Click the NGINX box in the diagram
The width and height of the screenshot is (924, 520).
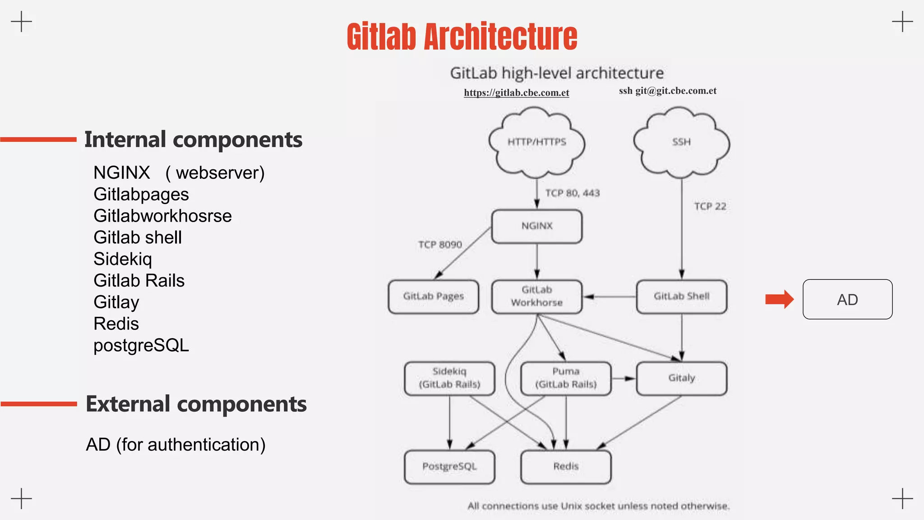[536, 226]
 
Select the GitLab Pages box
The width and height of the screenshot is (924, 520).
[433, 297]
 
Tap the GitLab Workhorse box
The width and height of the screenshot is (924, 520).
[536, 297]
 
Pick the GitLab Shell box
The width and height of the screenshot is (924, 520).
[681, 297]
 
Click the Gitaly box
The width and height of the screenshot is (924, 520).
[681, 378]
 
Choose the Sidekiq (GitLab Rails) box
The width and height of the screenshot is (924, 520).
[449, 378]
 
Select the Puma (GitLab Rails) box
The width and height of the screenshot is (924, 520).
[566, 378]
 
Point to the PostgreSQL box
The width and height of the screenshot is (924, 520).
[449, 467]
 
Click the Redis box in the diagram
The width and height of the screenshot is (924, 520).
[566, 467]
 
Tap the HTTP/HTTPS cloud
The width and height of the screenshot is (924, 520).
[536, 142]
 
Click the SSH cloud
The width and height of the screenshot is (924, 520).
[681, 142]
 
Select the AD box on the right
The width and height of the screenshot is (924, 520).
[847, 300]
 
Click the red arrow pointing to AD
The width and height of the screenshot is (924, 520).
[779, 299]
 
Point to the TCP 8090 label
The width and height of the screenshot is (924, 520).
[440, 245]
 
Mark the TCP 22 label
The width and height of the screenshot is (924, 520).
[710, 207]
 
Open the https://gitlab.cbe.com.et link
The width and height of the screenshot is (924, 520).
[516, 93]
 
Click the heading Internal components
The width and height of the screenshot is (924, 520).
[193, 139]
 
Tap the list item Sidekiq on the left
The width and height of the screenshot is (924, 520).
[123, 259]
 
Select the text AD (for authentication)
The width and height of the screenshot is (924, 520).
[176, 445]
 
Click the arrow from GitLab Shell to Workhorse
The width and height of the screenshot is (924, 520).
[609, 297]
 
